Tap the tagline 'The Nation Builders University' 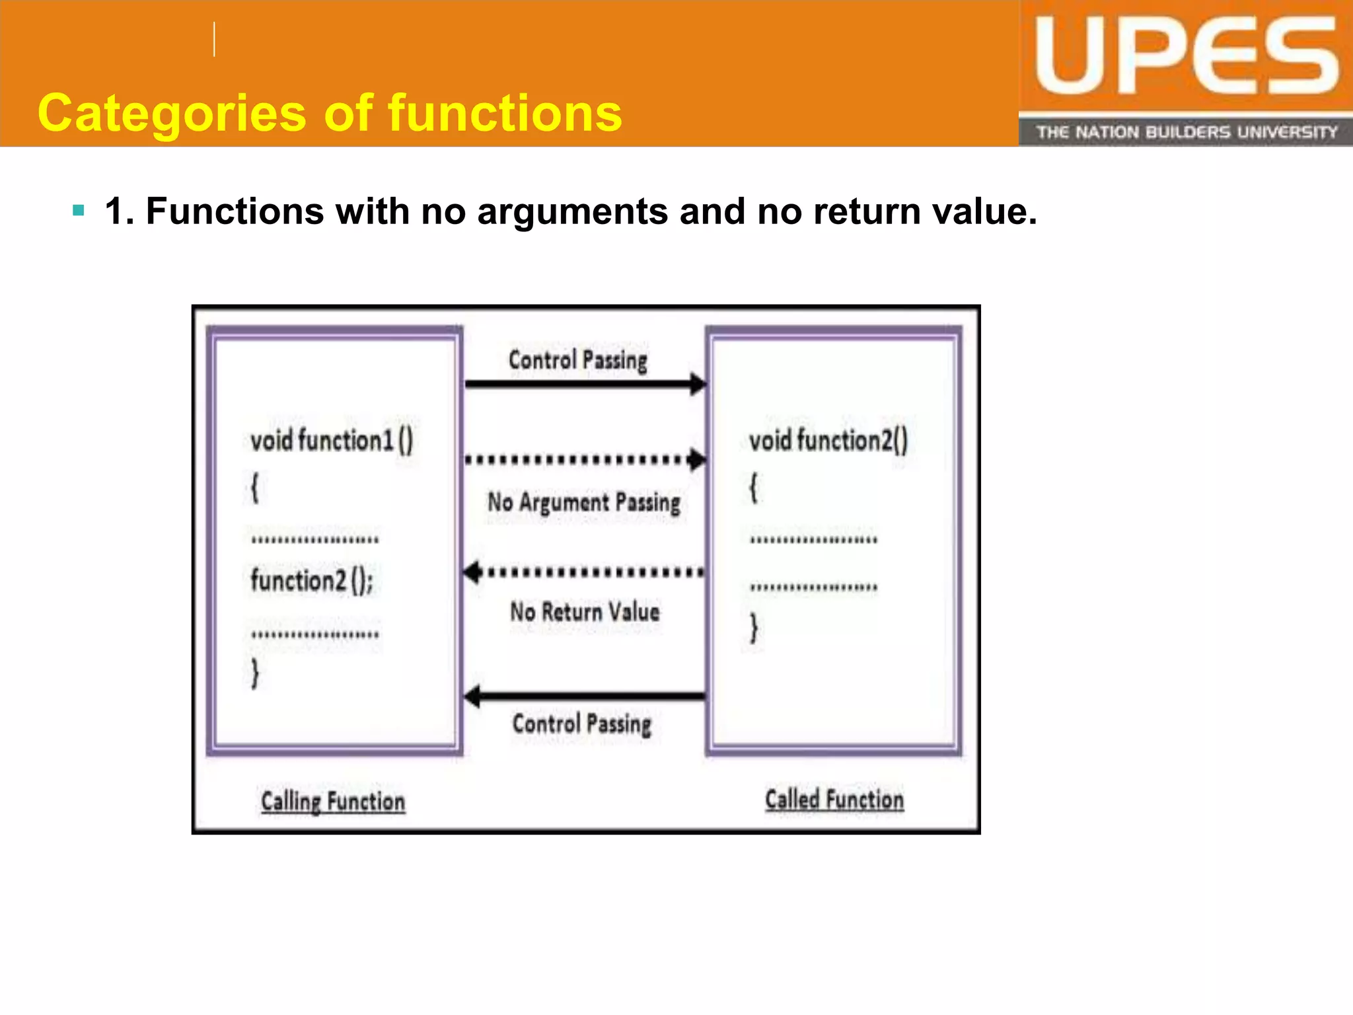pyautogui.click(x=1187, y=132)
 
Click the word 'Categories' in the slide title pyautogui.click(x=172, y=114)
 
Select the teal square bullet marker pyautogui.click(x=79, y=211)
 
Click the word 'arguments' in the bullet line pyautogui.click(x=572, y=211)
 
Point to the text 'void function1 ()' pyautogui.click(x=332, y=440)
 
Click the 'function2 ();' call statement pyautogui.click(x=312, y=581)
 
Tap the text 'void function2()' pyautogui.click(x=828, y=440)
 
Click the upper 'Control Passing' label pyautogui.click(x=578, y=360)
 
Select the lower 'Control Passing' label pyautogui.click(x=582, y=724)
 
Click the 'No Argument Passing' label pyautogui.click(x=584, y=502)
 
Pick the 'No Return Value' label pyautogui.click(x=585, y=612)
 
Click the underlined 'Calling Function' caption pyautogui.click(x=333, y=802)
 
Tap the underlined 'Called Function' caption pyautogui.click(x=834, y=800)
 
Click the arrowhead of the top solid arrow pyautogui.click(x=698, y=384)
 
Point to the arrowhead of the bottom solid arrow pyautogui.click(x=472, y=696)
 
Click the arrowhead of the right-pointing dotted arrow pyautogui.click(x=697, y=459)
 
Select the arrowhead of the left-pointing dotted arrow pyautogui.click(x=472, y=572)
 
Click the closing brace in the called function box pyautogui.click(x=754, y=628)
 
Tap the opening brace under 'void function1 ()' pyautogui.click(x=255, y=488)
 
